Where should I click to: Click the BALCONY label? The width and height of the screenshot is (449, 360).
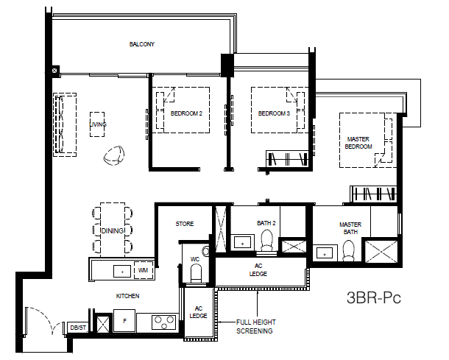[x=142, y=44]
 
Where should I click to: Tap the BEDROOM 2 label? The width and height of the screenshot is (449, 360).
[x=186, y=113]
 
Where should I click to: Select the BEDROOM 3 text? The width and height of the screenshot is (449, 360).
[x=274, y=113]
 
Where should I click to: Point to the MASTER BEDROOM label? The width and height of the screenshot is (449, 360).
[x=358, y=143]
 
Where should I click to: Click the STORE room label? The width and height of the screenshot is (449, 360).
[x=185, y=224]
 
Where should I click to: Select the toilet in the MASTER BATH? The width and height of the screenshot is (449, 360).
[x=348, y=250]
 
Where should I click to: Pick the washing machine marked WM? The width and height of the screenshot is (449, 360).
[x=144, y=270]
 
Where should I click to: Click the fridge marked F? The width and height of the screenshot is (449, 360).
[x=124, y=321]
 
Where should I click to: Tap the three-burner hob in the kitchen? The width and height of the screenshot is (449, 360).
[x=164, y=322]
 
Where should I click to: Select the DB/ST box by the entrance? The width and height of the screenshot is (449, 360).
[x=78, y=328]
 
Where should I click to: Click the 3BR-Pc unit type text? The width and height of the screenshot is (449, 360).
[x=374, y=297]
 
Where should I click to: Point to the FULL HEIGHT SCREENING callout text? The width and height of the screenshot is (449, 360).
[x=255, y=326]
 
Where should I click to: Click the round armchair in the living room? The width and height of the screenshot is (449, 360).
[x=114, y=155]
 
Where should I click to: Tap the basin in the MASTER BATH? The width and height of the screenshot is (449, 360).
[x=325, y=253]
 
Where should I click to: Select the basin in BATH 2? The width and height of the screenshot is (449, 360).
[x=243, y=243]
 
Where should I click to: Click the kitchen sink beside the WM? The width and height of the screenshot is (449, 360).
[x=122, y=271]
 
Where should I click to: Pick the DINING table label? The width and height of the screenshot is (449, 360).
[x=113, y=230]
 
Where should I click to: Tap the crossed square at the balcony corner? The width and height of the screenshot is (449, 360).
[x=54, y=70]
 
